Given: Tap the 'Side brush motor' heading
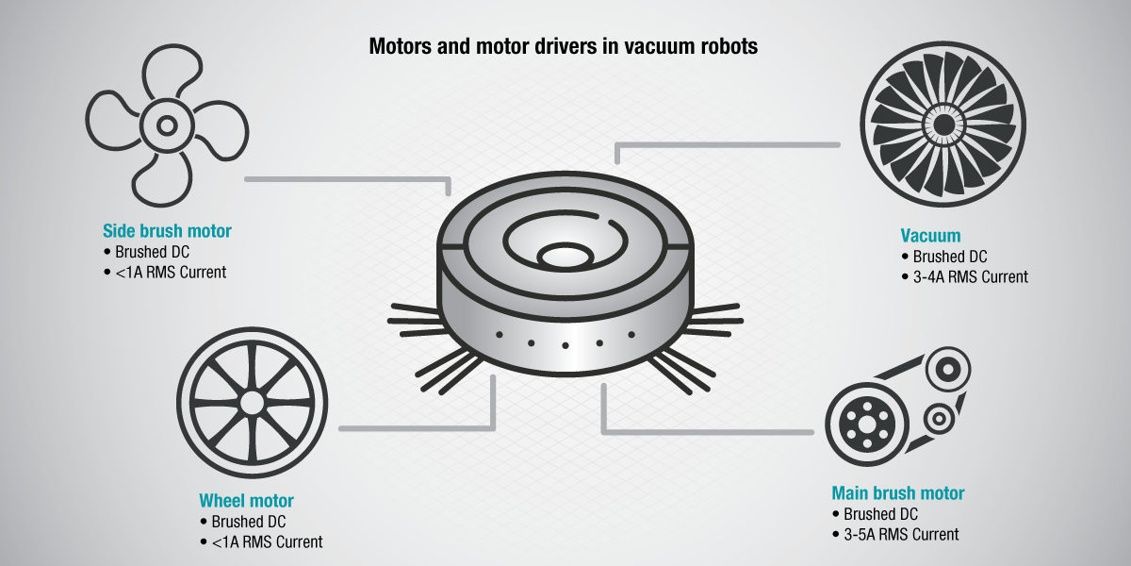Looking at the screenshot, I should click(x=167, y=231).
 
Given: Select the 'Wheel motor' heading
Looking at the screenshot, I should click(x=246, y=501).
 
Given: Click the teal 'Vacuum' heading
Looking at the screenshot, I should click(x=930, y=236).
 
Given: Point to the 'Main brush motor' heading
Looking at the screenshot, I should click(x=897, y=493).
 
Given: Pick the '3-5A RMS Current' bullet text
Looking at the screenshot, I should click(x=901, y=535).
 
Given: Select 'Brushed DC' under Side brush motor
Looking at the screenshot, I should click(x=155, y=252).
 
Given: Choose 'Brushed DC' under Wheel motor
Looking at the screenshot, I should click(x=249, y=522).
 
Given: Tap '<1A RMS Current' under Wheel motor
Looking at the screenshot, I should click(x=267, y=542).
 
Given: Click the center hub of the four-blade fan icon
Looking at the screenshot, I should click(x=167, y=124).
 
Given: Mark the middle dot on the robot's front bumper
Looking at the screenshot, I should click(x=565, y=345).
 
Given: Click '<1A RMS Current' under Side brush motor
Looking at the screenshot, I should click(x=171, y=273).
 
